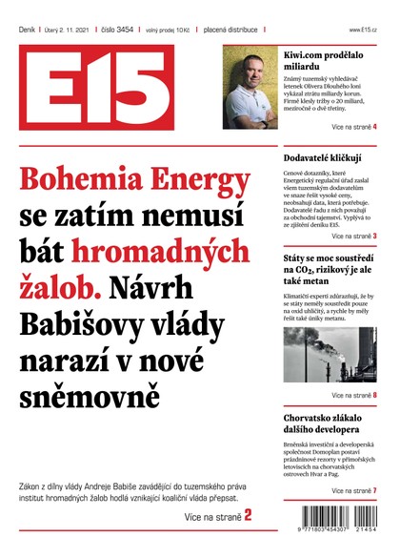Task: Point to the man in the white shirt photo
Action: pos(250,88)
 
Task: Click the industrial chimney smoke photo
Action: pos(330,355)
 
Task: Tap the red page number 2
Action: pos(248,516)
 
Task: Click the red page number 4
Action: pos(374,127)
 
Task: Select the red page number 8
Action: pos(374,395)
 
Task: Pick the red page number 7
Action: pos(374,490)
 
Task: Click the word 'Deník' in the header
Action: pos(28,30)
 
